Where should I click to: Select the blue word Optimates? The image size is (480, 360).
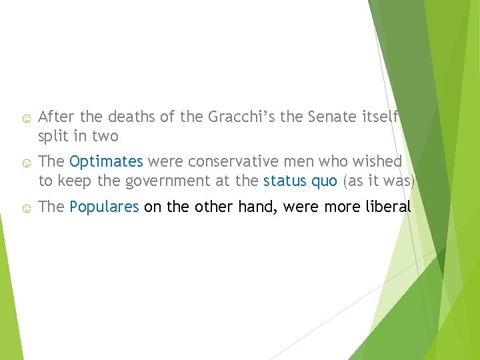click(x=106, y=161)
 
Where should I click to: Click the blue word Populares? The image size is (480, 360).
click(x=104, y=207)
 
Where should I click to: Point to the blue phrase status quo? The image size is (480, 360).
click(x=300, y=181)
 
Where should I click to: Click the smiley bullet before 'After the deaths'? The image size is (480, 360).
click(x=25, y=119)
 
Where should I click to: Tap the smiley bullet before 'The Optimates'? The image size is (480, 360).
click(x=25, y=162)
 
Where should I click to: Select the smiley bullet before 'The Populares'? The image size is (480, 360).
click(x=25, y=207)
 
